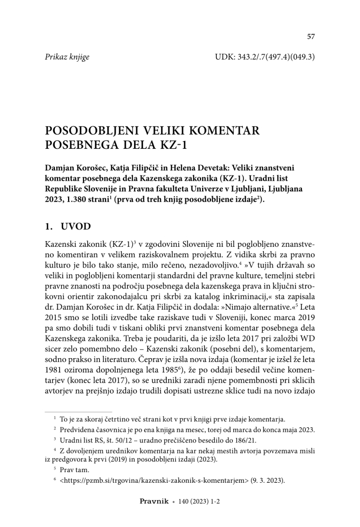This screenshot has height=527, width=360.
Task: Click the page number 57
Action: point(311,36)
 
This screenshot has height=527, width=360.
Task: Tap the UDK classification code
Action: point(265,56)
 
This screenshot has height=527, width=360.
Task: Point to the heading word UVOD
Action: point(77,226)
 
